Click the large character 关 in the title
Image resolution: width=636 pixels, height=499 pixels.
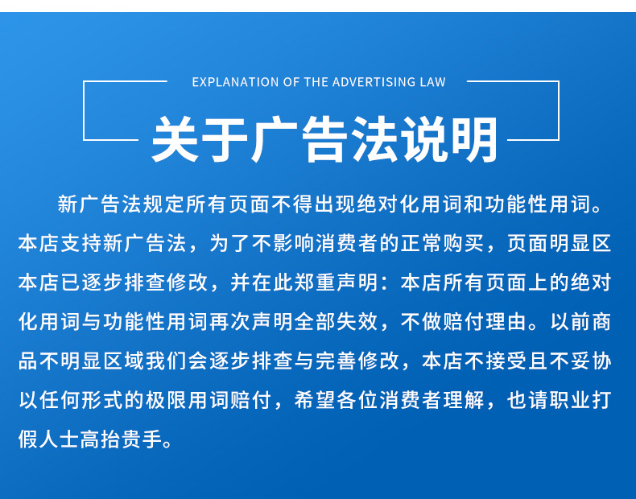pos(175,139)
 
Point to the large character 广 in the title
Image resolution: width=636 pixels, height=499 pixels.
pos(275,139)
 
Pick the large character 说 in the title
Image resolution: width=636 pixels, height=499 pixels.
pos(424,139)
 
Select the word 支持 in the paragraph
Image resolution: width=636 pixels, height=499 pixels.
pos(81,243)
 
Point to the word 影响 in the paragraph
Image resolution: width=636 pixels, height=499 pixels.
pos(294,243)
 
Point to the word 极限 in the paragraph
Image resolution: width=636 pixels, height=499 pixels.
pos(167,400)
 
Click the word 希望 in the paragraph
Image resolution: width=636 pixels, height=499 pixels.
pos(315,400)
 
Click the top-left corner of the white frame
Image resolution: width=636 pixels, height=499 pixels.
pos(84,81)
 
